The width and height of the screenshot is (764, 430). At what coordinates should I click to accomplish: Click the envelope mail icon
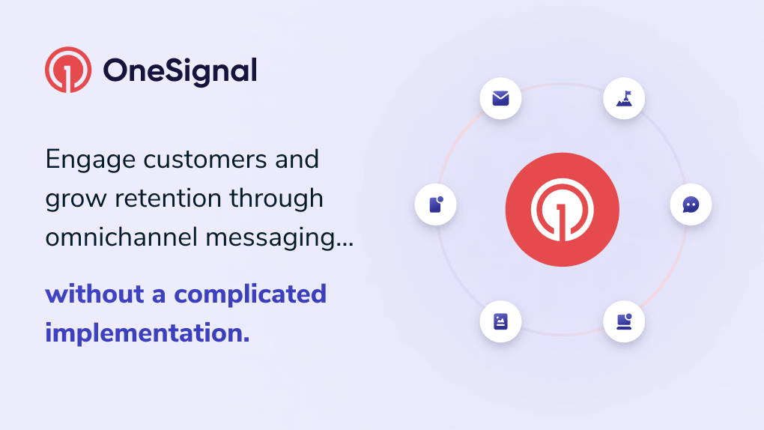[500, 98]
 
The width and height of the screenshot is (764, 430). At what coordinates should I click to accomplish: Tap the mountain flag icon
[624, 98]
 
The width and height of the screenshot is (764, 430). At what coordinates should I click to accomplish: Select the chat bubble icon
[691, 205]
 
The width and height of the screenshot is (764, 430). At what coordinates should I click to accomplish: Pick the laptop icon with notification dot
[624, 321]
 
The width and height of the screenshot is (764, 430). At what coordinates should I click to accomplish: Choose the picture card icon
[500, 321]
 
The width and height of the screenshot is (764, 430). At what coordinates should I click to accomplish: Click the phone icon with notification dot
[435, 205]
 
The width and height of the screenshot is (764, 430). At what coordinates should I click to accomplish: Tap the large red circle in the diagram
[562, 209]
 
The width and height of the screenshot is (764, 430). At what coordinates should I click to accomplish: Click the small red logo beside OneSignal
[68, 70]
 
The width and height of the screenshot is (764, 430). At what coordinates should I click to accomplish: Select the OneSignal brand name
[180, 70]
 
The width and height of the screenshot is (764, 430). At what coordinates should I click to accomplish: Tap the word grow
[73, 199]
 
